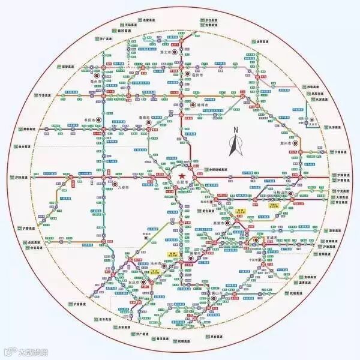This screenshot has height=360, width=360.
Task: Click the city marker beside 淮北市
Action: click(175, 52)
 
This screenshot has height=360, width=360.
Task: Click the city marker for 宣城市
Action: click(256, 240)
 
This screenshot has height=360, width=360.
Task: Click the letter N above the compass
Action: click(236, 130)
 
